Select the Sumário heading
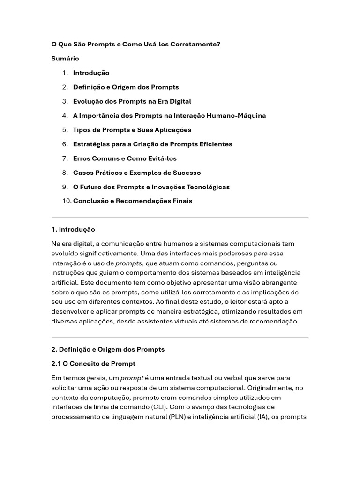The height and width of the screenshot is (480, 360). [65, 59]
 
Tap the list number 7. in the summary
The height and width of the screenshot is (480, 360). [65, 158]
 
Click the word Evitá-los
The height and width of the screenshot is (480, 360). [161, 158]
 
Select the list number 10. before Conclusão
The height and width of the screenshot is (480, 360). [66, 201]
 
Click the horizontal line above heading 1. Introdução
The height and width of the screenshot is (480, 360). [180, 217]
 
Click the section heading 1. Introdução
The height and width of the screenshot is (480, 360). [73, 229]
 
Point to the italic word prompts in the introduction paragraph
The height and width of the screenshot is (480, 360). [128, 263]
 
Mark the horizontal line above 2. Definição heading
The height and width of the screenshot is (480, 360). [180, 337]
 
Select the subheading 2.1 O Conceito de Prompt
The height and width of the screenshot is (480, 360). [93, 364]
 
